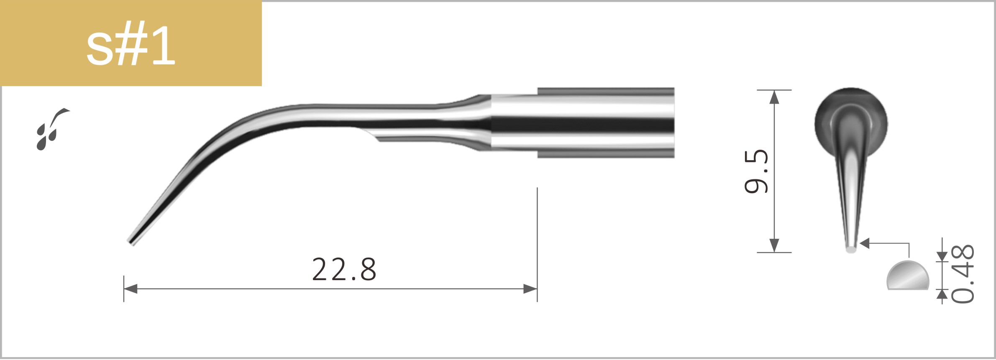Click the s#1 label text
click(131, 46)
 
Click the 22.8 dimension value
click(344, 270)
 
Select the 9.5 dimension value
click(756, 171)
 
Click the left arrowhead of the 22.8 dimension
click(131, 289)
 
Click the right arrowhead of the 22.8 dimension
click(530, 289)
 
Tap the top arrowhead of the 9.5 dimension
click(774, 97)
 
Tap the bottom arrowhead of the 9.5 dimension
click(774, 245)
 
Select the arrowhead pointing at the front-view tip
click(865, 243)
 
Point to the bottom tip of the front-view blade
click(851, 250)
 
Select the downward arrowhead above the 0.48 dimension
click(942, 256)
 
